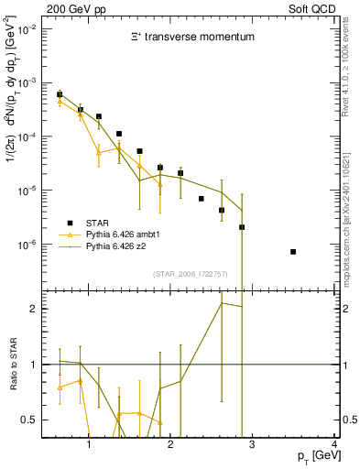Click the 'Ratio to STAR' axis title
pyautogui.click(x=13, y=364)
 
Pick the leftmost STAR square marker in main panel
pyautogui.click(x=60, y=94)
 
